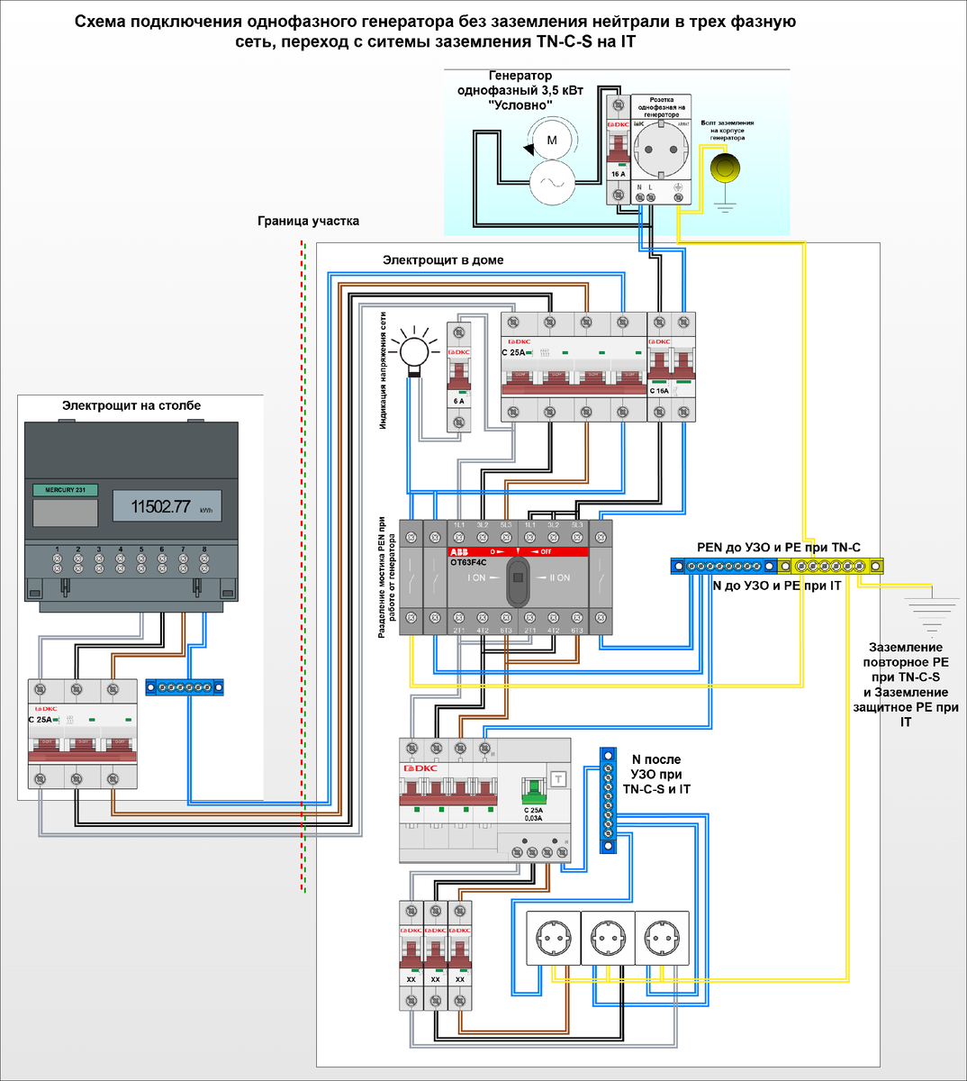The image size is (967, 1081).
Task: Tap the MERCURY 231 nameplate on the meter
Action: pos(65,490)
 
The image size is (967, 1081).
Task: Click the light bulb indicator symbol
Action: pos(415,349)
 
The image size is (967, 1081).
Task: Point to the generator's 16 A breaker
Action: pos(618,149)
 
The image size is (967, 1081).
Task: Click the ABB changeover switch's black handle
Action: pos(517,580)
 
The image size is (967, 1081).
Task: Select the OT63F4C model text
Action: pos(468,563)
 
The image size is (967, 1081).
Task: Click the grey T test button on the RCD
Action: pos(558,779)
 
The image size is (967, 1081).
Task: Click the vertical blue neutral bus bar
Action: pos(608,800)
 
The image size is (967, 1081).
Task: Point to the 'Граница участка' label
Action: pos(308,221)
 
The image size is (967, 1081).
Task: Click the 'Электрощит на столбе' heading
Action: pos(131,405)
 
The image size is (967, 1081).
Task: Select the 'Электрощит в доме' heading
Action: pos(443,260)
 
